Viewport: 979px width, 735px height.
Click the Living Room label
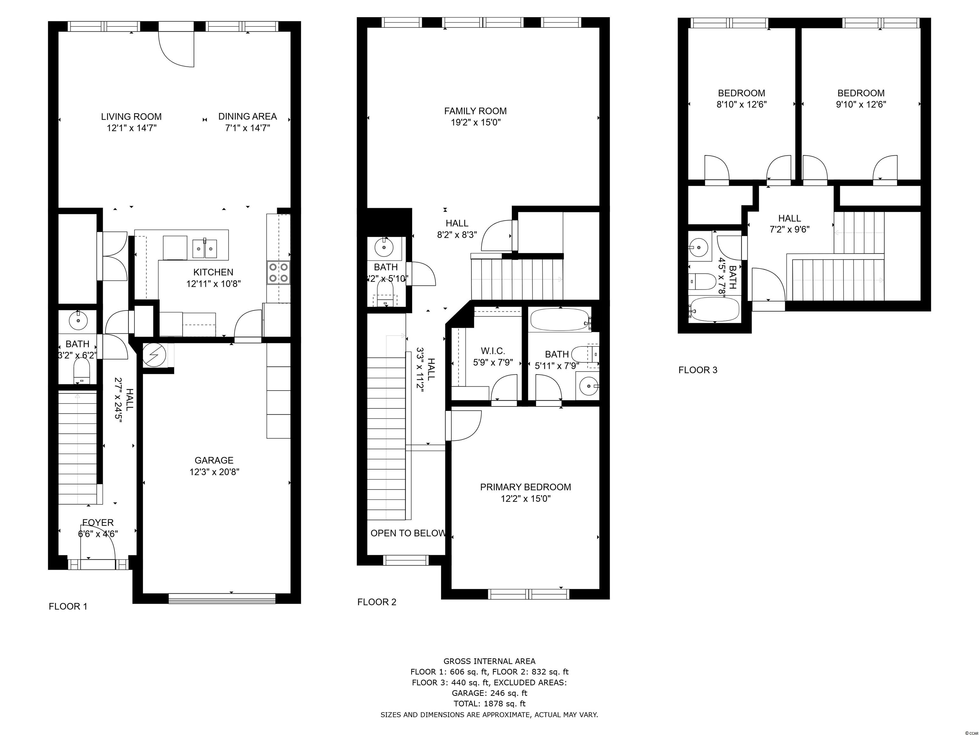coord(131,116)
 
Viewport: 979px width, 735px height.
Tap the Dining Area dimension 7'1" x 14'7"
coord(247,128)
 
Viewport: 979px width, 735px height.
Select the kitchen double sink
coord(205,249)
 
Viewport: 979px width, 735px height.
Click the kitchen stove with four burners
coord(279,272)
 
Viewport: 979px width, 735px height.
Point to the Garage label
coord(214,460)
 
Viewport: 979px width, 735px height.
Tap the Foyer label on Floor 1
coord(98,523)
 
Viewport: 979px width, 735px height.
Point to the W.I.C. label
coord(493,351)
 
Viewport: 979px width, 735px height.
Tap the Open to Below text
coord(408,533)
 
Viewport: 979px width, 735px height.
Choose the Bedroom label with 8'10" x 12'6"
coord(741,93)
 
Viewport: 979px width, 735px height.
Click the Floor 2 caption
coord(377,602)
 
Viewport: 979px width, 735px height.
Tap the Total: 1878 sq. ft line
coord(489,703)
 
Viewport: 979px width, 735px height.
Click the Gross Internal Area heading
coord(489,661)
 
